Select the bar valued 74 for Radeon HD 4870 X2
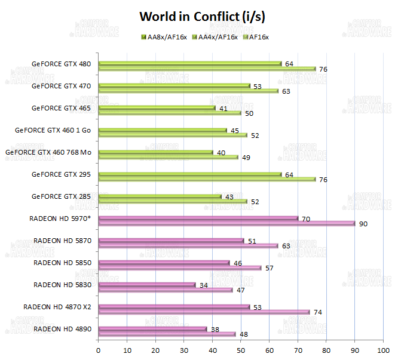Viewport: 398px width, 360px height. click(x=203, y=312)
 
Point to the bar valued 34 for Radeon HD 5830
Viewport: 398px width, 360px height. click(x=146, y=284)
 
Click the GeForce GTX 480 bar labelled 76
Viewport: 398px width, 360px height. click(x=206, y=69)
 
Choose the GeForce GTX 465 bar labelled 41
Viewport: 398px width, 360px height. click(x=157, y=107)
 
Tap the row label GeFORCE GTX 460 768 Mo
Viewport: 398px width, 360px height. click(x=48, y=152)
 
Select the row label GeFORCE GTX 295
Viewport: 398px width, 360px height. click(x=62, y=174)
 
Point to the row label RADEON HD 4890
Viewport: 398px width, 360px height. click(x=62, y=328)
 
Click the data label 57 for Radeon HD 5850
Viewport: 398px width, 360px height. click(x=269, y=268)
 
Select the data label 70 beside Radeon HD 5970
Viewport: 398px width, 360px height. click(x=305, y=219)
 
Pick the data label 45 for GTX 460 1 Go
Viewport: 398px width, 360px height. click(x=235, y=131)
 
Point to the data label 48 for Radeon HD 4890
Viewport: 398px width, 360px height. click(x=243, y=334)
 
